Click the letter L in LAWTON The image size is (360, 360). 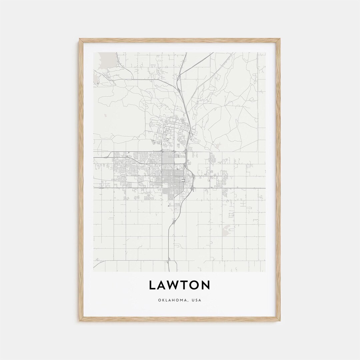[x=153, y=285]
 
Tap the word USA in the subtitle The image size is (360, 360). [x=197, y=300]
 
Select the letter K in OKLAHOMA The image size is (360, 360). [x=162, y=300]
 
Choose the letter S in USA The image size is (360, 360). [x=197, y=300]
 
